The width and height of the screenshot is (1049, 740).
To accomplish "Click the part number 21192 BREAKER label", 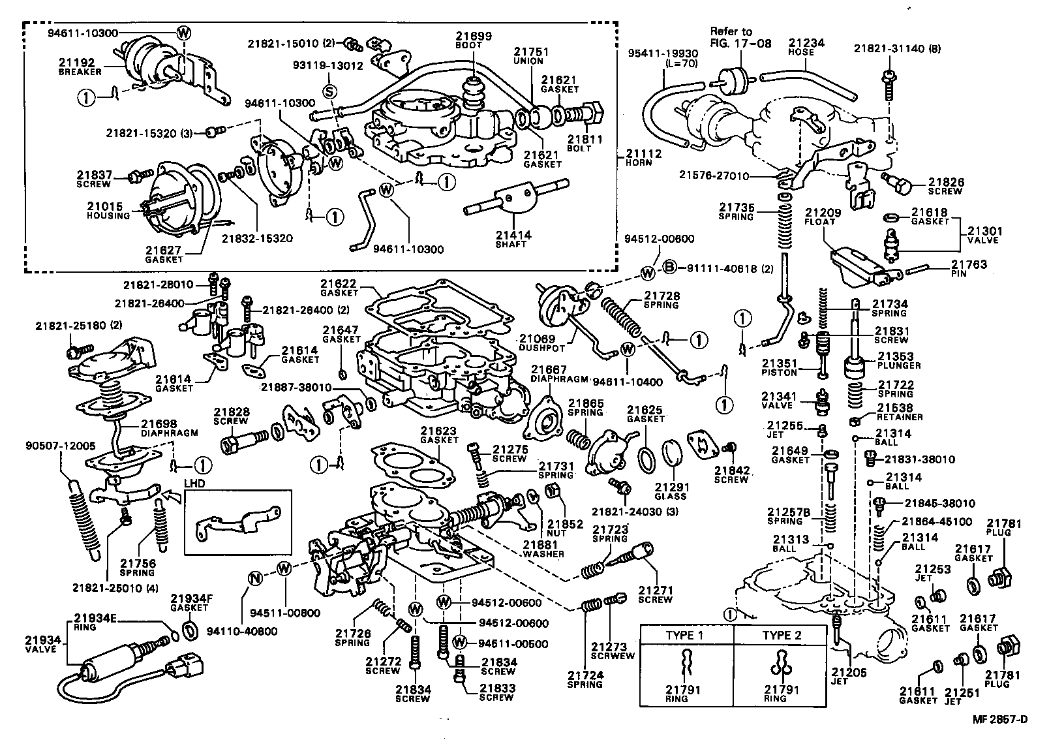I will [80, 67].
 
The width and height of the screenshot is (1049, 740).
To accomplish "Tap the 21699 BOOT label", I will [474, 40].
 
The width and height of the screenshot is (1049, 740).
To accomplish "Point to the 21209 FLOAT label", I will [823, 217].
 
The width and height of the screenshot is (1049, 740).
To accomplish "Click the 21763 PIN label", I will [968, 269].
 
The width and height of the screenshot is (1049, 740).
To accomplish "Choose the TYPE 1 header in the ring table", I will [684, 635].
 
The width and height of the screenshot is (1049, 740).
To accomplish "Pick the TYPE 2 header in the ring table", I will [782, 635].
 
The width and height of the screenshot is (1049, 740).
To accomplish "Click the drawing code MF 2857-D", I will [1000, 719].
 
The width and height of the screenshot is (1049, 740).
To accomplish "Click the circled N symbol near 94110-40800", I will [255, 578].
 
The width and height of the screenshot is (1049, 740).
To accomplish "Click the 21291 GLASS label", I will [671, 491].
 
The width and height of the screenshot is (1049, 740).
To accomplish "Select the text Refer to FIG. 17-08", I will [740, 37].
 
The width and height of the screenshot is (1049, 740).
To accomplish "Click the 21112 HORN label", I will [643, 158].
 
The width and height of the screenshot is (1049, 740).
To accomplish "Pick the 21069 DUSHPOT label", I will [538, 343].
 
